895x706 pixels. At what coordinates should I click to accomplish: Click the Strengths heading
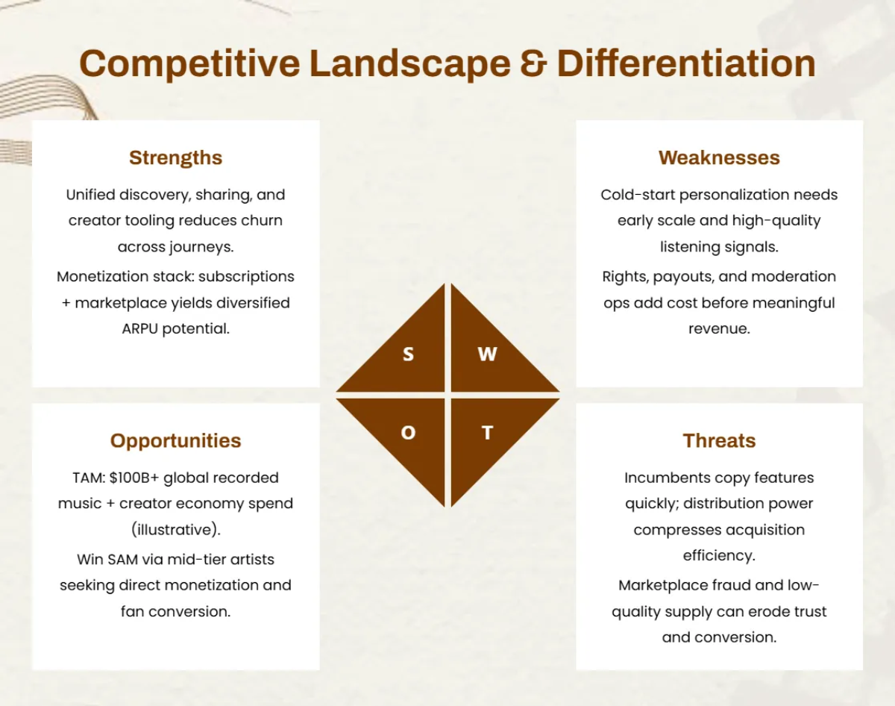pos(175,157)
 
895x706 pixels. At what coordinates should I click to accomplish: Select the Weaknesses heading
pos(719,157)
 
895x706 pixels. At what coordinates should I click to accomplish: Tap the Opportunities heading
pos(175,441)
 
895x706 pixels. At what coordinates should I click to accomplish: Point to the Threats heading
pos(719,440)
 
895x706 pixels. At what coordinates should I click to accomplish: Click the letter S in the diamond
pos(409,354)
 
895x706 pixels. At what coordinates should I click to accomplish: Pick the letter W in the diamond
pos(487,354)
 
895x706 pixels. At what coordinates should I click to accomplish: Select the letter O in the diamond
pos(409,433)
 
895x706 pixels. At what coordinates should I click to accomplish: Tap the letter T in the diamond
pos(488,433)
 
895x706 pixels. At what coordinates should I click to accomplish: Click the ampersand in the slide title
pos(533,63)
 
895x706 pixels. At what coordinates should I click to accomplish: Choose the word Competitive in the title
pos(189,63)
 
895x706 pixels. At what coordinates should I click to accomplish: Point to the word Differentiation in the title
pos(686,63)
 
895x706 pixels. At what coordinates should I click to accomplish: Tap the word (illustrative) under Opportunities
pos(175,530)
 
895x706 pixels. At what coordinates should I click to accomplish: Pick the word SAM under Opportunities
pos(122,560)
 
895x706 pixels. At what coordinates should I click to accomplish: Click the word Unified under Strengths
pos(90,195)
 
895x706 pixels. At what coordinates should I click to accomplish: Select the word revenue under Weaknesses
pos(719,329)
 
